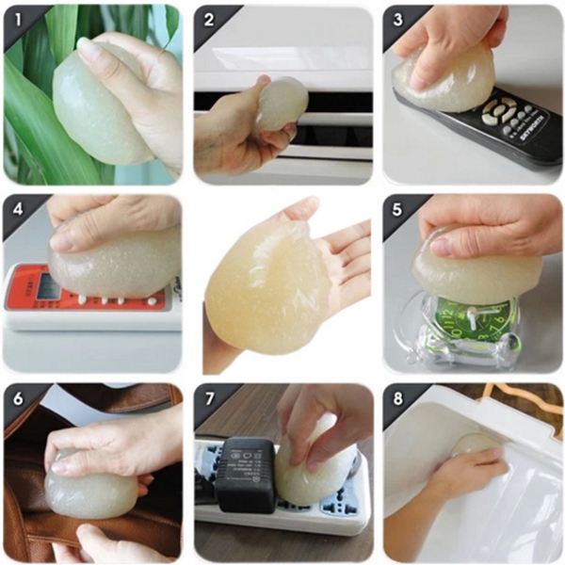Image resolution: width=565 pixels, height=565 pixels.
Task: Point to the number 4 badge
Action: point(16,208)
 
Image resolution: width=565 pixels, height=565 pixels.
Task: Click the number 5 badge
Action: point(396,208)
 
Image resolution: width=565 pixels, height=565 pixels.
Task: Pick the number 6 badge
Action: point(16,397)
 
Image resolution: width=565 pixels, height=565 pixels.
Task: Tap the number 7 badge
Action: point(206,397)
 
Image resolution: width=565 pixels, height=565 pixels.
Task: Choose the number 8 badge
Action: point(396,397)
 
